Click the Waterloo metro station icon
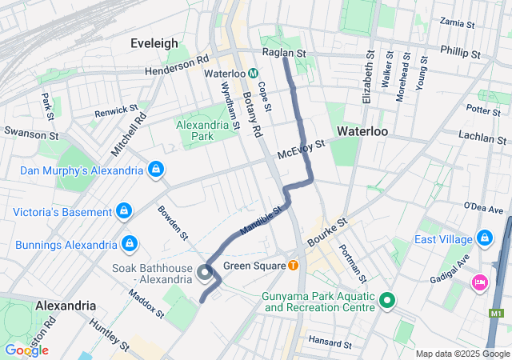point(252,73)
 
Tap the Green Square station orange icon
point(294,266)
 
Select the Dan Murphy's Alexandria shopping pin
point(157,170)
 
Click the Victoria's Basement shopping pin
point(123,211)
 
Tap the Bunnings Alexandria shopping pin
point(128,242)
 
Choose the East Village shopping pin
point(484,238)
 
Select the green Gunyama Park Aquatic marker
point(388,301)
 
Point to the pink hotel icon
point(479,281)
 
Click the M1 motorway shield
point(498,314)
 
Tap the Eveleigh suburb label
point(154,44)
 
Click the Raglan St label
point(285,53)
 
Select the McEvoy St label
point(301,149)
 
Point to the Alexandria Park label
point(200,130)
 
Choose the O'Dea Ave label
point(484,210)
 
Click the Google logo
point(26,350)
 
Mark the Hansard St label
point(330,343)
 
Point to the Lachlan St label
point(482,138)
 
